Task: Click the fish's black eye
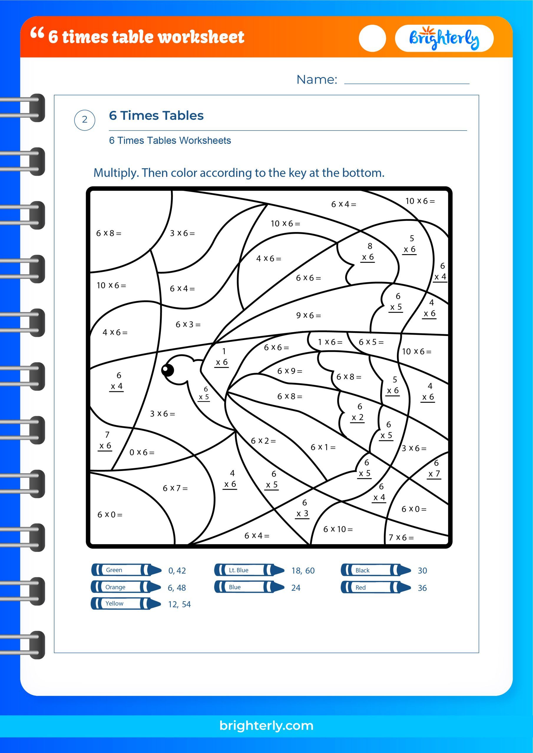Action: [x=168, y=370]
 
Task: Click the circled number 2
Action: [x=85, y=120]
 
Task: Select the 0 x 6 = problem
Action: [x=142, y=453]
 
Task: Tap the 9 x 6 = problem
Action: [x=308, y=316]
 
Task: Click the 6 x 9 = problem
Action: [x=290, y=371]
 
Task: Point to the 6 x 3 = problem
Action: [x=188, y=324]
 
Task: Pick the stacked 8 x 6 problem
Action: [x=369, y=251]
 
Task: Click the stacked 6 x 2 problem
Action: [x=358, y=412]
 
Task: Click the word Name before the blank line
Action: [x=317, y=80]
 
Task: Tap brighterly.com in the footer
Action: [x=266, y=725]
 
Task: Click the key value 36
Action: [x=422, y=588]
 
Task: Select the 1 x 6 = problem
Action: [x=330, y=342]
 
